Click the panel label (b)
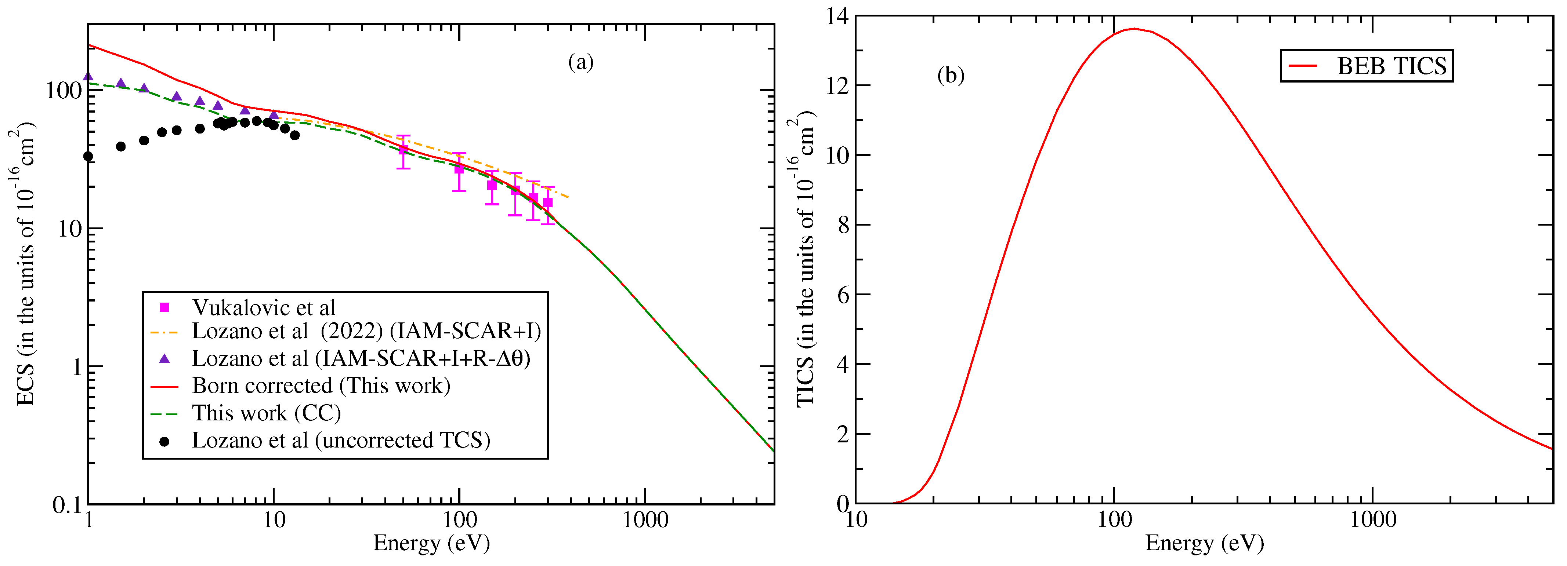(x=950, y=76)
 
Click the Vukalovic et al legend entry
(x=263, y=308)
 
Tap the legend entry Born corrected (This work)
(x=321, y=386)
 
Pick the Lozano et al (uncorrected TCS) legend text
(x=341, y=440)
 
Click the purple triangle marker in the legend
(x=164, y=359)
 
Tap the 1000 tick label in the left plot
(x=644, y=521)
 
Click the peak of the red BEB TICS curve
(x=1134, y=29)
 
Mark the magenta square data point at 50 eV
(x=403, y=150)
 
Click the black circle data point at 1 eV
(x=88, y=156)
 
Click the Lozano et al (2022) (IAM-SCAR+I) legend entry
(x=366, y=331)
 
